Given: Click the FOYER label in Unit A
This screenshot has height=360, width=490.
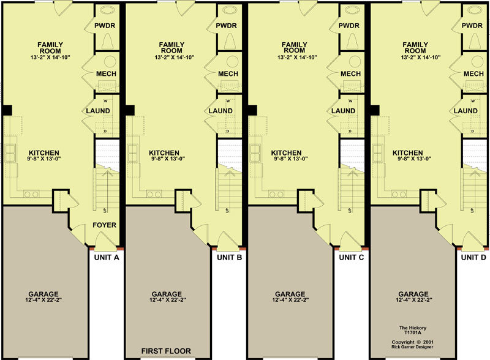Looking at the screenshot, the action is [x=104, y=225].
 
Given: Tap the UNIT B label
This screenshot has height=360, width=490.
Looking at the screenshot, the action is [x=229, y=258].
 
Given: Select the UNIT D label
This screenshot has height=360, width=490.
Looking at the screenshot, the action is [x=473, y=258].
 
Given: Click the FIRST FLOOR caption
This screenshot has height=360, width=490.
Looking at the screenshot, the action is [x=166, y=351].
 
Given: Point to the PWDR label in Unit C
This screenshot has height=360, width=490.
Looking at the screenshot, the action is [x=349, y=26].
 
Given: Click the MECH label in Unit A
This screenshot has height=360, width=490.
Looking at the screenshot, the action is [x=106, y=73].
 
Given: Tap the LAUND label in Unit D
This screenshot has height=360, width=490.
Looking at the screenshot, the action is [x=466, y=111].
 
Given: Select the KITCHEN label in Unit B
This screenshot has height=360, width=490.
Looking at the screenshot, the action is [x=164, y=153].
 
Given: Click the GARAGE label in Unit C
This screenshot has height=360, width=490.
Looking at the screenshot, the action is [x=290, y=294].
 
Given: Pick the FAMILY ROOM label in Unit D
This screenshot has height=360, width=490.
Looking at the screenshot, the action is [x=415, y=48].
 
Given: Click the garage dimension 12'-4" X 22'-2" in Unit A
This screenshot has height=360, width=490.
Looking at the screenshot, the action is [x=43, y=300].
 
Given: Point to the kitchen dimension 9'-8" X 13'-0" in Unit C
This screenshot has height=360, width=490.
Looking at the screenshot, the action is [x=291, y=159].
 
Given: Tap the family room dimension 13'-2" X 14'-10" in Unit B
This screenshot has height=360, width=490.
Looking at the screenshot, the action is [x=175, y=57].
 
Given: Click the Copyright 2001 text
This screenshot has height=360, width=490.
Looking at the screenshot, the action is [x=412, y=342].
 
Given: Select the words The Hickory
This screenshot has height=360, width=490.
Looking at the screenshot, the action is [x=412, y=328].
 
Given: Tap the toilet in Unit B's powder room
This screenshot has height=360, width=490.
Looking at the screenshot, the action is [x=230, y=40].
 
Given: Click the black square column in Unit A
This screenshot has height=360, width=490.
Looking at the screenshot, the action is [x=7, y=110].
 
